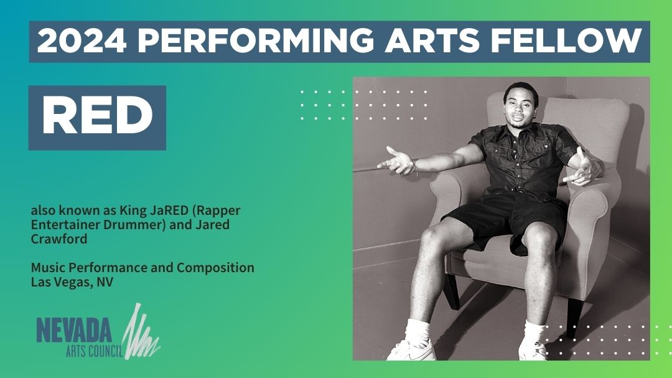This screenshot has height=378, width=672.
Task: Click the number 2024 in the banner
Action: point(81,42)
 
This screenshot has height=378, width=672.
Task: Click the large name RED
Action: point(97,117)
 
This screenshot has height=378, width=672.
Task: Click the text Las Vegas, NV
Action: point(72,281)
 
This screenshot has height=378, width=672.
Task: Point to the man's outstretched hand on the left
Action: point(396,161)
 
